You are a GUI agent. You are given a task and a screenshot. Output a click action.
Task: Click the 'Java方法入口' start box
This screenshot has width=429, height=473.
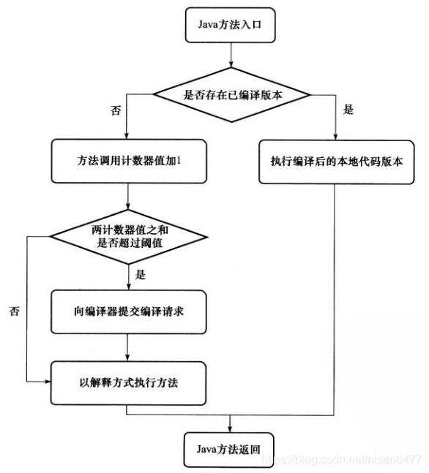coord(230,25)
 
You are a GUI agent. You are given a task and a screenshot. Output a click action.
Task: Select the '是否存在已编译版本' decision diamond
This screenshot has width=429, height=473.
coord(231,95)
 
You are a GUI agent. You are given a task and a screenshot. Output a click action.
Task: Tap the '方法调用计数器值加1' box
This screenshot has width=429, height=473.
coord(129,161)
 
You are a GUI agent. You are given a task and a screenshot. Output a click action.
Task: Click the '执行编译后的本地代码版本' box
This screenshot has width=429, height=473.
coord(337,162)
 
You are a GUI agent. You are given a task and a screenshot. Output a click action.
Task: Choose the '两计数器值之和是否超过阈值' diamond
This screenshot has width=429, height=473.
coord(129,237)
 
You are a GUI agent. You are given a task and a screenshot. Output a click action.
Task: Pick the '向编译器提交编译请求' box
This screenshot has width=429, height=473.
coord(129,311)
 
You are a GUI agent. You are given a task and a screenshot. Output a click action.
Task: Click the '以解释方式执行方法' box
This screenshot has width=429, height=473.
coord(129,383)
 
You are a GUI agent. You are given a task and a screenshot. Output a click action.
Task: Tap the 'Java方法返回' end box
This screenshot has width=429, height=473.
coord(228,450)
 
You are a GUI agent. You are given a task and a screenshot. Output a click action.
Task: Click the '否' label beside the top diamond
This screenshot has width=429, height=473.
coord(116,110)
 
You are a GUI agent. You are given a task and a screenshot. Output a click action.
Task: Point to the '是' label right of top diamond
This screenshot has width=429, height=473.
coord(348,109)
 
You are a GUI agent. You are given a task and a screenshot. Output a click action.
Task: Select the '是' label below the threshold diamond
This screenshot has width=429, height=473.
coord(140,274)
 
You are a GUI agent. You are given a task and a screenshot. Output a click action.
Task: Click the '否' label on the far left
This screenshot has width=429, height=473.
coord(14,311)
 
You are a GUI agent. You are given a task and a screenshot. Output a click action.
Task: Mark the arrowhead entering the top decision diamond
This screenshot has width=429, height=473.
coord(231,64)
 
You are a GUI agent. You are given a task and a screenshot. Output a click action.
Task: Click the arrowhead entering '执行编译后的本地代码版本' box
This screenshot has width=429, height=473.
coord(335,137)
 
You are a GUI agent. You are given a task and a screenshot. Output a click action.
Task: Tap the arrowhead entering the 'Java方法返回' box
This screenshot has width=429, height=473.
coord(230,430)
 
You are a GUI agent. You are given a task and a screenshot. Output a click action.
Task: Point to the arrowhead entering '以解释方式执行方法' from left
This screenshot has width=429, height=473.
coord(48,382)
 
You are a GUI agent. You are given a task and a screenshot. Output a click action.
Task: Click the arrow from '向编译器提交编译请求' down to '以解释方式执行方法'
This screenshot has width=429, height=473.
coord(127,347)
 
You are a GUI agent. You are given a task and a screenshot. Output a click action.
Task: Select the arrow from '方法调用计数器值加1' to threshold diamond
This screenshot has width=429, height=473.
coord(128,197)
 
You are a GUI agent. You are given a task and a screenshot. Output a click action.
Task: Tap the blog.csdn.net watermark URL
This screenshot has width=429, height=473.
coord(341,459)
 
